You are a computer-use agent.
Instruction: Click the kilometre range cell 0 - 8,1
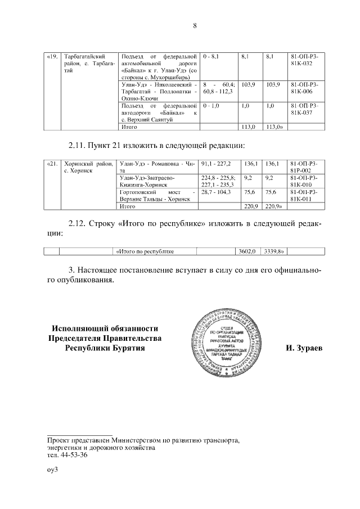(x=215, y=57)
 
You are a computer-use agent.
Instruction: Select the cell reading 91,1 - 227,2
(x=216, y=163)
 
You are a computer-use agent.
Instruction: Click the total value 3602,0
(x=247, y=251)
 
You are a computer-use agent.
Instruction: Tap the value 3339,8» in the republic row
(x=276, y=251)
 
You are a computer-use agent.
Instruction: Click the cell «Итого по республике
(x=145, y=251)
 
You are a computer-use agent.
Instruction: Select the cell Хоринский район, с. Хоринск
(x=88, y=166)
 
